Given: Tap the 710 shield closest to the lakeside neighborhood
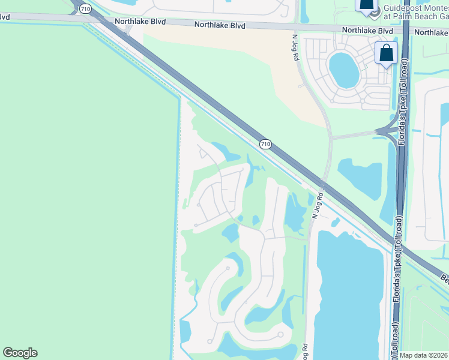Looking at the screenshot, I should [x=265, y=144].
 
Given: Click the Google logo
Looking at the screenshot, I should [x=20, y=353].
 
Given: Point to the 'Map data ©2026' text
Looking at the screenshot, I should [x=423, y=356].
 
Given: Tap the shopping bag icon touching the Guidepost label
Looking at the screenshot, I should [x=366, y=5].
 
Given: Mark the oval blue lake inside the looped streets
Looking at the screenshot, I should [x=343, y=69].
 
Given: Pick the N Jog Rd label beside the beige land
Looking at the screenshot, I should [x=295, y=48].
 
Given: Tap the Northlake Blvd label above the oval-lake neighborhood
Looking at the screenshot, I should [x=367, y=30].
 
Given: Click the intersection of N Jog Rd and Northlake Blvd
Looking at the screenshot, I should [x=299, y=27].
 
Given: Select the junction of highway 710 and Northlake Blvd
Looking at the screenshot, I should [x=96, y=19].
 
